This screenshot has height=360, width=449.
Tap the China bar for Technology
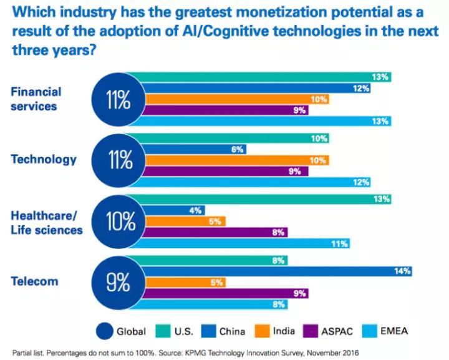click(193, 149)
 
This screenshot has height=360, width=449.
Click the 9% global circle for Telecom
click(118, 281)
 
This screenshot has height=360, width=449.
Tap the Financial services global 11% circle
click(118, 99)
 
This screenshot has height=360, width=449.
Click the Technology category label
click(44, 159)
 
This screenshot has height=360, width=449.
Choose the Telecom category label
click(35, 281)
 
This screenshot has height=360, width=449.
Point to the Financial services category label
click(37, 99)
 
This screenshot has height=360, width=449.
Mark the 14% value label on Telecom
click(402, 271)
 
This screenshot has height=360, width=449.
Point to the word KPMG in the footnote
click(197, 352)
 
